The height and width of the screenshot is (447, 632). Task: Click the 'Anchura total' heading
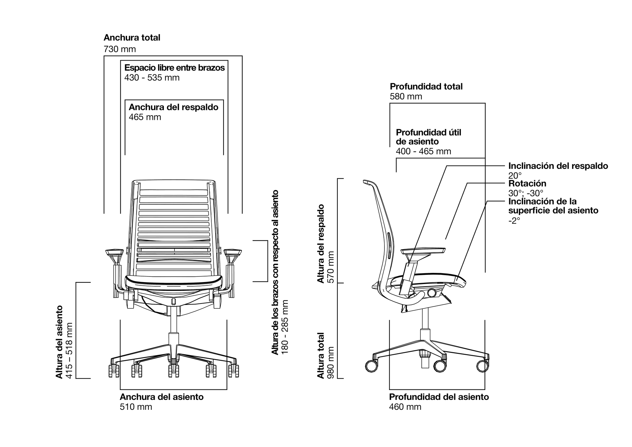[x=132, y=38]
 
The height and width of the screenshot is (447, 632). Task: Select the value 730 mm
[x=119, y=49]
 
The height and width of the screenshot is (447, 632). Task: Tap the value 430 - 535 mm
[x=152, y=78]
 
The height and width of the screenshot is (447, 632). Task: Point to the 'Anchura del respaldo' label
[x=173, y=107]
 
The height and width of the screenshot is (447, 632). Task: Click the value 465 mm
[x=145, y=117]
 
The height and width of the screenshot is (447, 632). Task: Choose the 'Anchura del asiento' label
[x=161, y=397]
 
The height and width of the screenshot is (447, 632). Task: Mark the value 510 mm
[x=136, y=407]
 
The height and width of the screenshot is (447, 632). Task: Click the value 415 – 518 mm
[x=69, y=350]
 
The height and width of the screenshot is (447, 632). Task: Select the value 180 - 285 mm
[x=285, y=327]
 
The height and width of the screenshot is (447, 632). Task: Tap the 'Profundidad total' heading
[x=426, y=87]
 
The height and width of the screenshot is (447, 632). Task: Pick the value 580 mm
[x=406, y=96]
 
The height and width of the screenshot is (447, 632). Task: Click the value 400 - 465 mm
[x=423, y=151]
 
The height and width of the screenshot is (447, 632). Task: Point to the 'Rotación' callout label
[x=527, y=183]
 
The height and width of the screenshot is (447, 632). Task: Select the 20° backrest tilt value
[x=515, y=175]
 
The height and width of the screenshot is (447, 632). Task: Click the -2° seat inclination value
[x=514, y=221]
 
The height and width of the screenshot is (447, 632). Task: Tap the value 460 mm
[x=405, y=407]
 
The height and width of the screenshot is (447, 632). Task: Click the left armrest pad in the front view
[x=113, y=253]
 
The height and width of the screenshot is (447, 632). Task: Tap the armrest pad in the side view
[x=423, y=251]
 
